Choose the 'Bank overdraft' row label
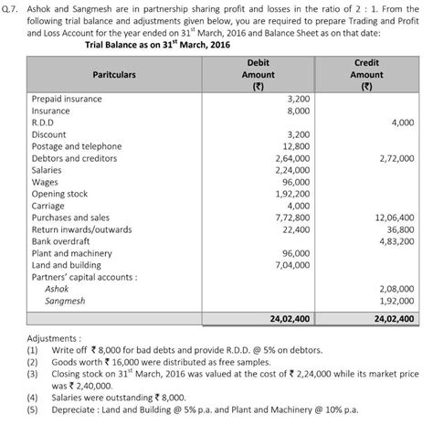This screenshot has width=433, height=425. pyautogui.click(x=60, y=241)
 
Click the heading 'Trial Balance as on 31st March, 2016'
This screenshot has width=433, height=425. pyautogui.click(x=157, y=43)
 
